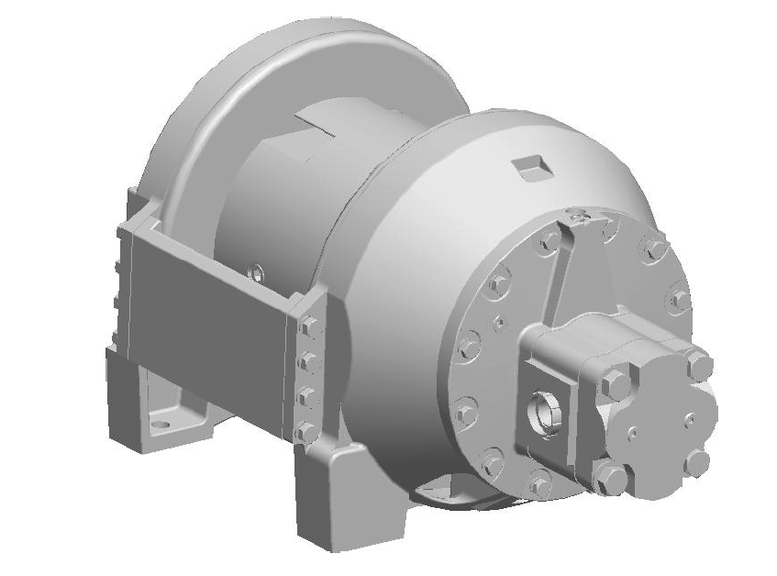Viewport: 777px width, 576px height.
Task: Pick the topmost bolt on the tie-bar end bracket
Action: [x=309, y=327]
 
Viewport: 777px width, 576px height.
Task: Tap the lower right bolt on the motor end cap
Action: [x=698, y=461]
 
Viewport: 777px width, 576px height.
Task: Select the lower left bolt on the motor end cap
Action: [x=610, y=477]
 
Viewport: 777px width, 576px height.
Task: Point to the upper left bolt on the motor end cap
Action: [x=616, y=381]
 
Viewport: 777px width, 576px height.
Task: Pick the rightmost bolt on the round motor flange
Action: [x=680, y=299]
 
